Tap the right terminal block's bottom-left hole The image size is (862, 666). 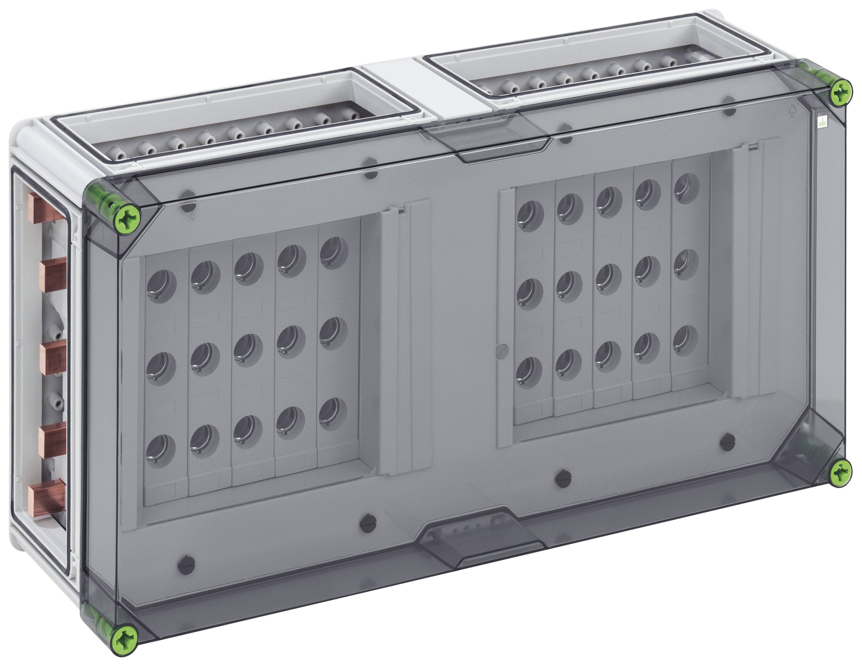(x=528, y=370)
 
